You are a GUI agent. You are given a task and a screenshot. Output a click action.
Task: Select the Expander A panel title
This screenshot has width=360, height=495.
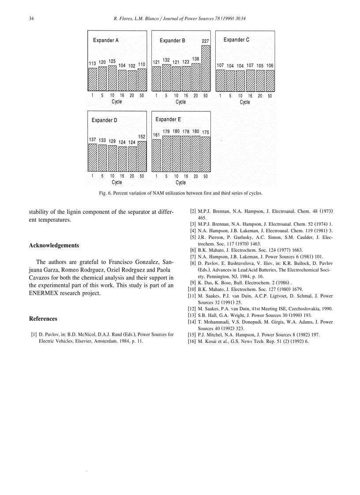[105, 41]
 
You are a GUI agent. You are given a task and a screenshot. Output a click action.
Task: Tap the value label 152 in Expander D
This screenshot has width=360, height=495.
[142, 137]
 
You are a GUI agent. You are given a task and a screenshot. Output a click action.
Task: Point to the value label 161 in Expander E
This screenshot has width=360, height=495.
[156, 135]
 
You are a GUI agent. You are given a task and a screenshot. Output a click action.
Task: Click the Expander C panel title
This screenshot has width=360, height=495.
[236, 40]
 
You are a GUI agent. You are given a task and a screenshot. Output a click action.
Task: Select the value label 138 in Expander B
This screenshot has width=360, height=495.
[195, 59]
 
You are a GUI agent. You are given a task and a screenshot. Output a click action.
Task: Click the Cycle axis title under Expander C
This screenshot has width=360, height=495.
[245, 102]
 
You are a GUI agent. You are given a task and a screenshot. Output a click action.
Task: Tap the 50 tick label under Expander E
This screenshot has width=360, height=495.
[205, 176]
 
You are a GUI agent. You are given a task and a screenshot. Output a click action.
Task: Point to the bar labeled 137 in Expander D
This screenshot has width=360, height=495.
[92, 157]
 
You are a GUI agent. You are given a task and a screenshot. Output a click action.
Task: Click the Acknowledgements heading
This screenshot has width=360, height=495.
[54, 246]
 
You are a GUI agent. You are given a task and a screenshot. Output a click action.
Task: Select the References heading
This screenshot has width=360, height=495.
[43, 319]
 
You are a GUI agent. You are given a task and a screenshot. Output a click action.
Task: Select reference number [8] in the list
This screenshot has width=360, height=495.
[192, 263]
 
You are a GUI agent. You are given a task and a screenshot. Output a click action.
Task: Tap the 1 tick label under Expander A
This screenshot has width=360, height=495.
[92, 96]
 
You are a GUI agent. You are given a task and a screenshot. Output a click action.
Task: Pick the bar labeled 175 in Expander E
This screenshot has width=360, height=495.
[206, 154]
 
